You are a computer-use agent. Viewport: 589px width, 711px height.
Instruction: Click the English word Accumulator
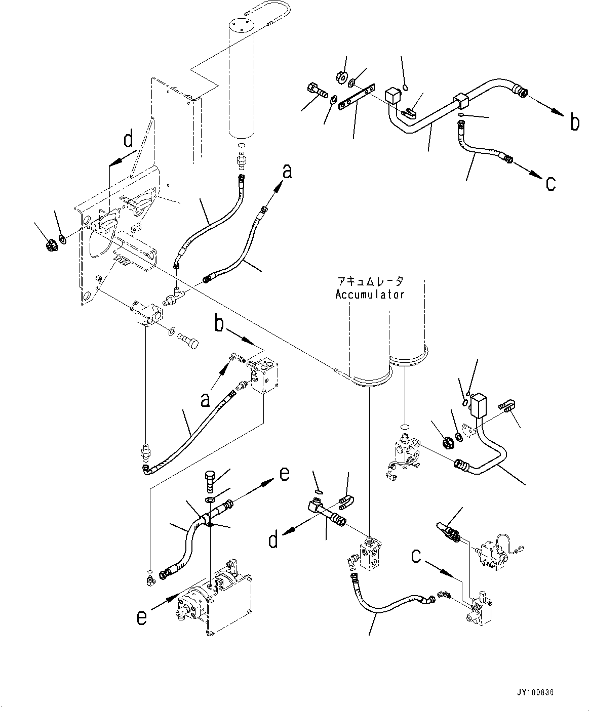pyautogui.click(x=370, y=294)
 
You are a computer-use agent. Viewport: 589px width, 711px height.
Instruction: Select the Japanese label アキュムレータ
pyautogui.click(x=370, y=281)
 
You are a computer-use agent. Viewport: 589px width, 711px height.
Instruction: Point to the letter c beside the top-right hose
pyautogui.click(x=551, y=184)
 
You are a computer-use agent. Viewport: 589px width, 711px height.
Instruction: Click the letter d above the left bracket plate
pyautogui.click(x=128, y=140)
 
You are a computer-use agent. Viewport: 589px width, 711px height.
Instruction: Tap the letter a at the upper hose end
pyautogui.click(x=288, y=172)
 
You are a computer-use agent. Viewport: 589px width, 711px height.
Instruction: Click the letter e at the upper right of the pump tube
pyautogui.click(x=284, y=474)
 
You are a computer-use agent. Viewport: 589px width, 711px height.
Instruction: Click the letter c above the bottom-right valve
pyautogui.click(x=416, y=557)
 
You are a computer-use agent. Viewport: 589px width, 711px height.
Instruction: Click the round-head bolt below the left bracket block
pyautogui.click(x=188, y=340)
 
